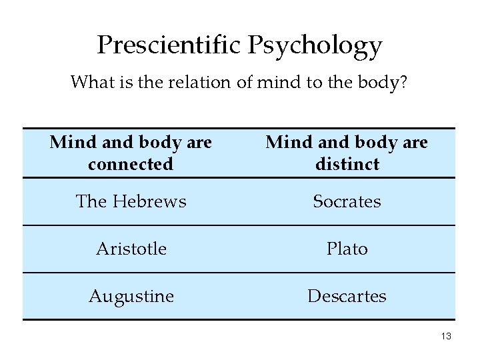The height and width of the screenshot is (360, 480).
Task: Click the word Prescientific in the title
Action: coord(171,45)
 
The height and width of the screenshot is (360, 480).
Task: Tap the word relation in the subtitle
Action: coord(197,83)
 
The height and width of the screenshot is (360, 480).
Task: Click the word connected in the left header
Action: coord(131,163)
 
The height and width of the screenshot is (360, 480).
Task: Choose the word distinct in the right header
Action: coord(347,163)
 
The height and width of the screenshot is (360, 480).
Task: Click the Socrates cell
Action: coord(347,201)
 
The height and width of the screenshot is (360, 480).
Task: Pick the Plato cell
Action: coord(347,248)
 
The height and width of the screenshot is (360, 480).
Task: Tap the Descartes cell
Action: coord(347,295)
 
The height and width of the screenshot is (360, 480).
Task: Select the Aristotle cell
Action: coord(131,248)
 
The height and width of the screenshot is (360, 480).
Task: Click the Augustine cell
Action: coord(131,295)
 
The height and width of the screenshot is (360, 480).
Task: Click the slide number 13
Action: coord(445,337)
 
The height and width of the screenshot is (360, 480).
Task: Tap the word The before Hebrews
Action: coord(92,201)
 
